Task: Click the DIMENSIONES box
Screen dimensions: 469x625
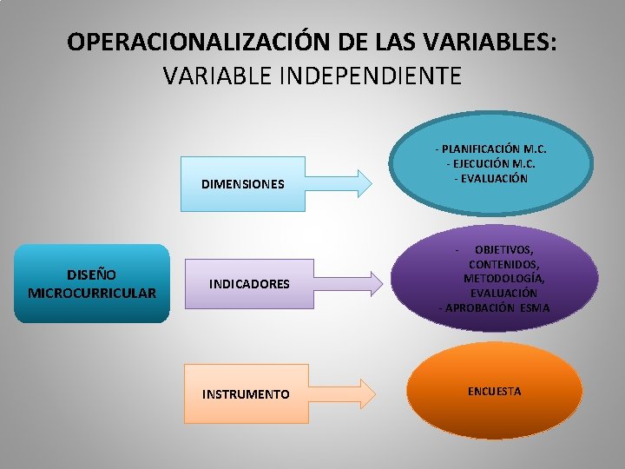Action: coord(243,184)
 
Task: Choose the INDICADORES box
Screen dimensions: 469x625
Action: coord(249,284)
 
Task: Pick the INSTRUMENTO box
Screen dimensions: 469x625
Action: coord(246,394)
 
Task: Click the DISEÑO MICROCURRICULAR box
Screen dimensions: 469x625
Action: coord(92,283)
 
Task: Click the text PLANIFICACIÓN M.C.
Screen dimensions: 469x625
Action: coord(499,149)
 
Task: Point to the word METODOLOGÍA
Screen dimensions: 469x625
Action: coord(504,279)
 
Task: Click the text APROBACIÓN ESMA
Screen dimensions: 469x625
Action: coord(495,308)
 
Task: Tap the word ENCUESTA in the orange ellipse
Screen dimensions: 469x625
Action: coord(494,391)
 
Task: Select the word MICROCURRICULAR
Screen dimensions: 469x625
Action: coord(92,293)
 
